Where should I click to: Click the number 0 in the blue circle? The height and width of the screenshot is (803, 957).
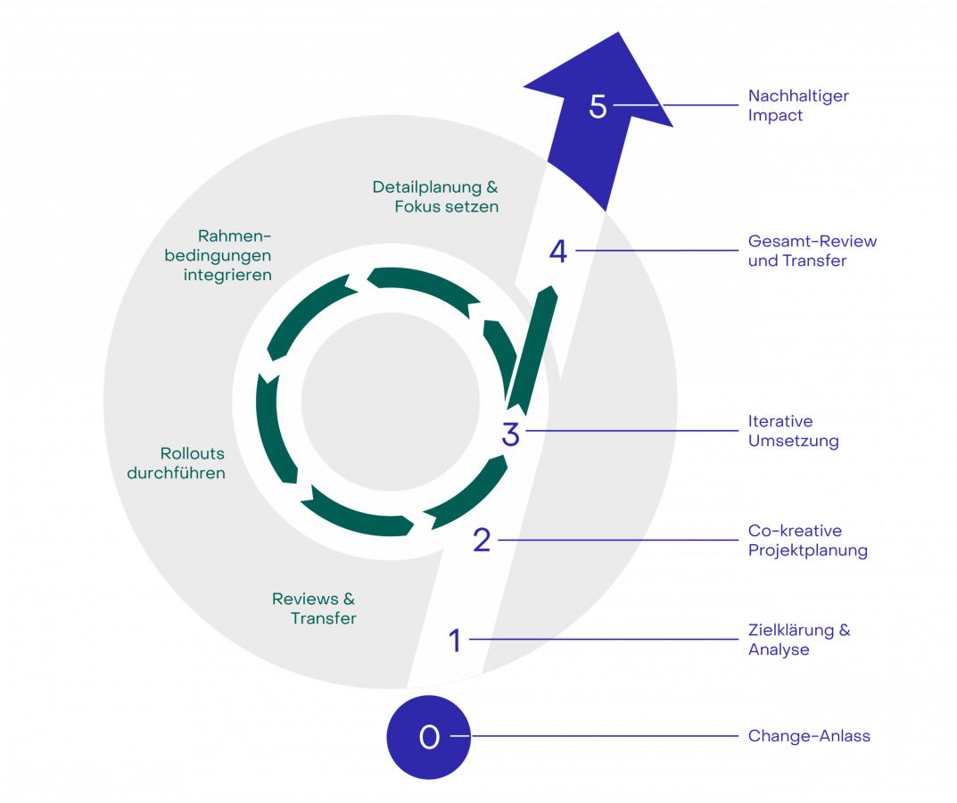(429, 737)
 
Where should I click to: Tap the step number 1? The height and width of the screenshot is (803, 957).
(455, 640)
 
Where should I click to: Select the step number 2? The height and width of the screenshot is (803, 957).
(482, 540)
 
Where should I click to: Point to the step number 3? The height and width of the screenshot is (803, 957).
(510, 435)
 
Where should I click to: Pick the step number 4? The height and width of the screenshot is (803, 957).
(558, 252)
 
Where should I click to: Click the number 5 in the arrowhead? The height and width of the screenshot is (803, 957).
(598, 106)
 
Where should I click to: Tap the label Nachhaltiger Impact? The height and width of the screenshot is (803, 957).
(797, 105)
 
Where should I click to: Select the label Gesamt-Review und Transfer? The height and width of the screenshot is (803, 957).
(812, 251)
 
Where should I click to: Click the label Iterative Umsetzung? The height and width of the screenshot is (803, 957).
(793, 431)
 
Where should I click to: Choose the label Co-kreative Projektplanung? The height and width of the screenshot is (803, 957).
(807, 541)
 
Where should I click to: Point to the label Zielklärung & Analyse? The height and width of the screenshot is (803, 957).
(798, 640)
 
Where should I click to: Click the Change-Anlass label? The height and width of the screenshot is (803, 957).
(809, 736)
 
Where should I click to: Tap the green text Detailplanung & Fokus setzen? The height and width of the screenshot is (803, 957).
(436, 197)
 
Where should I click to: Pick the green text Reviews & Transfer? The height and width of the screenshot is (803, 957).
(314, 608)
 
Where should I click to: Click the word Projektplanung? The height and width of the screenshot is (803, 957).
(807, 551)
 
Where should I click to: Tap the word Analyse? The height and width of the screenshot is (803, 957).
(779, 650)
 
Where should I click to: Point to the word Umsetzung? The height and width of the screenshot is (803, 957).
(793, 441)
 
